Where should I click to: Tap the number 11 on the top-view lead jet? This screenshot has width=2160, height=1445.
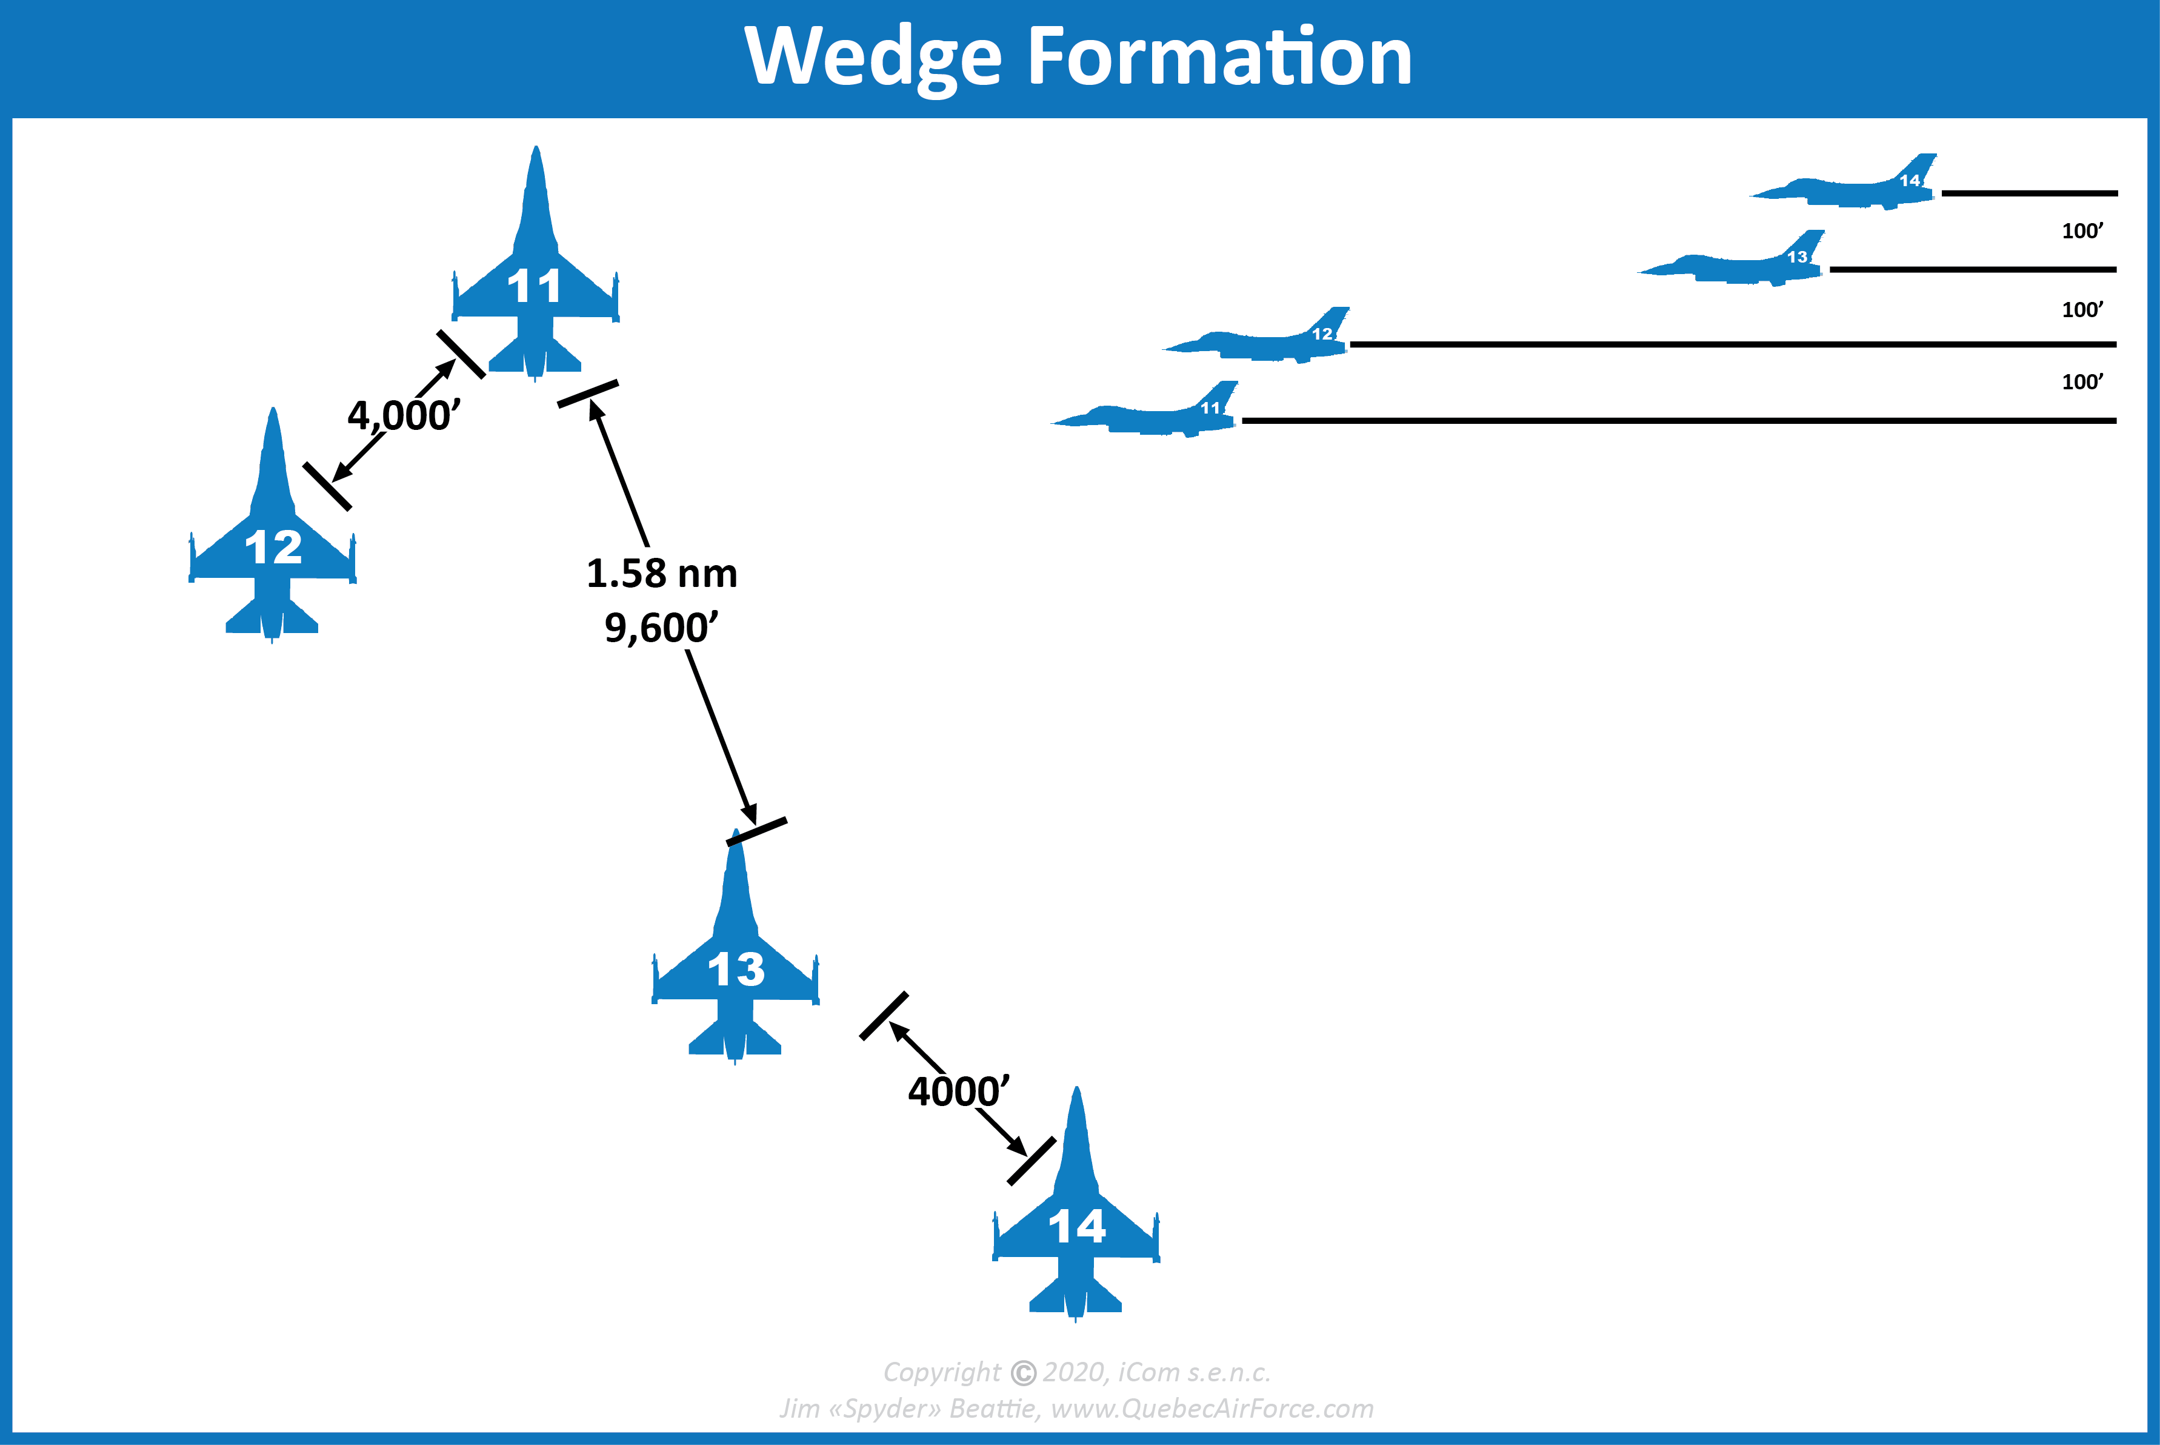tap(535, 287)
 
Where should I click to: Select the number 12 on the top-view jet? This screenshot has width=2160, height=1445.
tap(273, 548)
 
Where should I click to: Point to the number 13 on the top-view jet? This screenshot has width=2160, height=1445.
tap(736, 970)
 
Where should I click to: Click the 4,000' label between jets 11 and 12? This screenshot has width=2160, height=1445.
tap(404, 415)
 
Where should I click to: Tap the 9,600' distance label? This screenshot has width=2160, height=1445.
tap(661, 628)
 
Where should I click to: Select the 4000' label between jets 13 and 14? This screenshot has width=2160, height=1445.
tap(958, 1092)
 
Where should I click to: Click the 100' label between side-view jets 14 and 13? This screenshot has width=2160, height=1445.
tap(2082, 231)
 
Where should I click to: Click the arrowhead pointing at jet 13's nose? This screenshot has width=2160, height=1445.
tap(750, 814)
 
